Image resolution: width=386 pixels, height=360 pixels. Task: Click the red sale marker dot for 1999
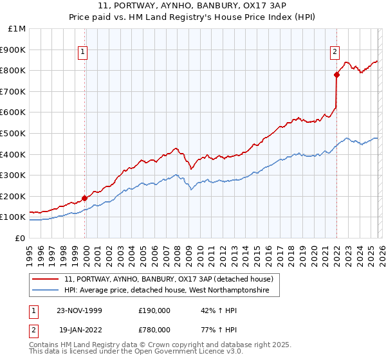[85, 198]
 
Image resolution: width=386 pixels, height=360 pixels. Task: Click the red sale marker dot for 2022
[336, 75]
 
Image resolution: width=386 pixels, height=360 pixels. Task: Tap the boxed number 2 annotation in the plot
[336, 53]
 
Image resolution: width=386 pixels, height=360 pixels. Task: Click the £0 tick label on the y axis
[21, 238]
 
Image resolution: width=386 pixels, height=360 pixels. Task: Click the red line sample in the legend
[46, 279]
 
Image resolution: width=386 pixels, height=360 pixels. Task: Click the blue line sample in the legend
[46, 291]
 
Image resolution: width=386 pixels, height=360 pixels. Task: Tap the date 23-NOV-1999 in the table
[79, 310]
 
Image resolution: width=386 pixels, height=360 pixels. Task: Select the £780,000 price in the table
[154, 330]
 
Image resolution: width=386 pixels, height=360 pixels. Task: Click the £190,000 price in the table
[154, 310]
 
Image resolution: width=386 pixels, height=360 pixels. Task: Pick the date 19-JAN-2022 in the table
[78, 330]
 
